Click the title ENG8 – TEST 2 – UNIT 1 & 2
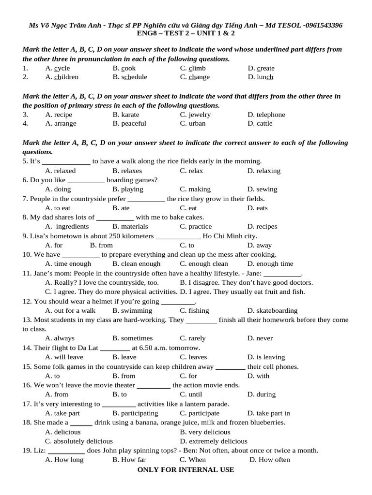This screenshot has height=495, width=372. click(x=186, y=33)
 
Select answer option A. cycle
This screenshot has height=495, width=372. click(x=57, y=68)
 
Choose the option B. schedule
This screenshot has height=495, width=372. click(x=130, y=77)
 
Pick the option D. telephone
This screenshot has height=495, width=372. click(x=266, y=115)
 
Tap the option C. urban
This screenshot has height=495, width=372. click(x=192, y=123)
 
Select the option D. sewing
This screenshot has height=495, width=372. click(x=262, y=189)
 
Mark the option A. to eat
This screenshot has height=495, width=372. click(x=58, y=208)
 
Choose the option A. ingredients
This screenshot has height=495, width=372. click(x=67, y=226)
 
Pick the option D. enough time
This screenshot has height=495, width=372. click(x=270, y=263)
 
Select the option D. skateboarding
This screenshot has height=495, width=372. click(x=272, y=310)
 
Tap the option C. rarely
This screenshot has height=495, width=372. click(x=192, y=338)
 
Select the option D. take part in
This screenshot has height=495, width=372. click(x=268, y=413)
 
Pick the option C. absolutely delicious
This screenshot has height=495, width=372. click(x=78, y=441)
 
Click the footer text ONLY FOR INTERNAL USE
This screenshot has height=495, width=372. click(x=186, y=469)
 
